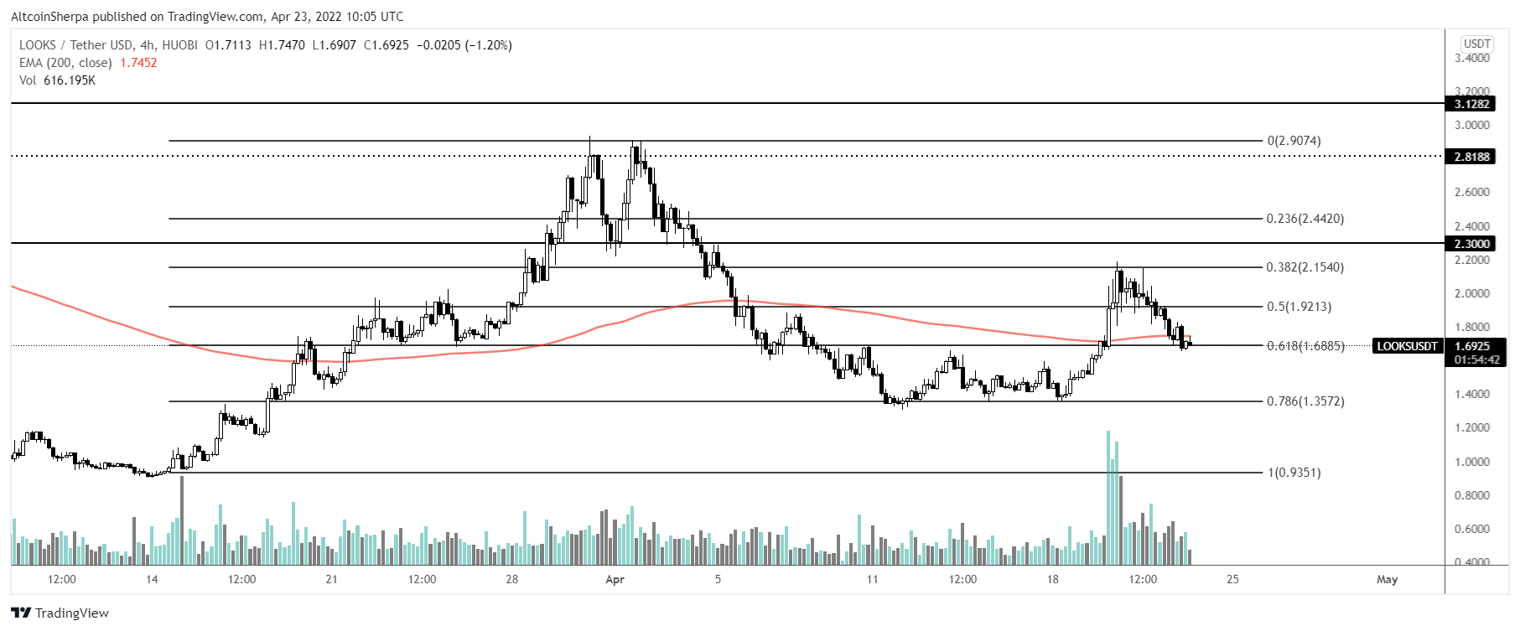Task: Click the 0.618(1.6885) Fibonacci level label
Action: (1305, 346)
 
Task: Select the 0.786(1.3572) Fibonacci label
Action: (1305, 401)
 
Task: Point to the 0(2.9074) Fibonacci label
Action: (1294, 141)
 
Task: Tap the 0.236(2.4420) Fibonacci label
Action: (1305, 219)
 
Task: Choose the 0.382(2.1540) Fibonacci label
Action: (1305, 267)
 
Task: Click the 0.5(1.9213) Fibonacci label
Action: (1299, 307)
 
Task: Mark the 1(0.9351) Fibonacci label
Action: (1294, 473)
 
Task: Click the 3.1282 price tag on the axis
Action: (1471, 104)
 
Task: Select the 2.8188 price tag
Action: (1471, 157)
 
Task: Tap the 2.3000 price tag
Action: (1471, 244)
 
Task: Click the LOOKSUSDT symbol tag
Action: (1407, 346)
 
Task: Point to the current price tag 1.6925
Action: (1473, 346)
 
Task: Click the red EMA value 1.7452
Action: (138, 63)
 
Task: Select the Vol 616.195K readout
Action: (57, 80)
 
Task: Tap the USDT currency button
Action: (1476, 44)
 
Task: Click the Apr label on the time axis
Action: (615, 579)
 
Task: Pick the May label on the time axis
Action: (1387, 579)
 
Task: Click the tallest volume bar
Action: (1108, 498)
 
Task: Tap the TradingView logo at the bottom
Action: (60, 613)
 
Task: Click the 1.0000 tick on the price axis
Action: (1471, 462)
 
